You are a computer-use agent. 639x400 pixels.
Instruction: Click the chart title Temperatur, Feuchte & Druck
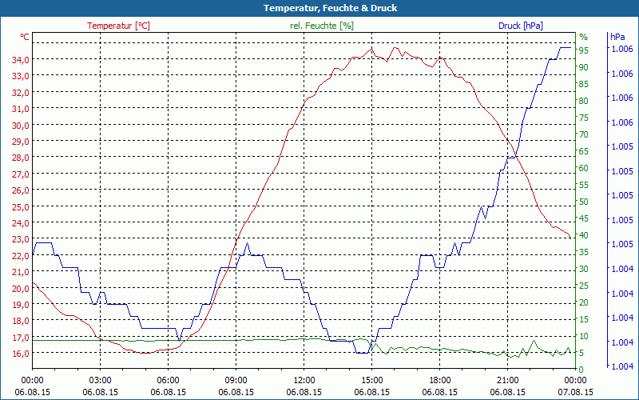(319, 8)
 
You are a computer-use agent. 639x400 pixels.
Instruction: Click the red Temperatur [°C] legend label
(118, 26)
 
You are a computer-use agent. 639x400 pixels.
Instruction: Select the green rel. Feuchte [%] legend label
(322, 26)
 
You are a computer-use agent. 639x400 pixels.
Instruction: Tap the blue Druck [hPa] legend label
(520, 26)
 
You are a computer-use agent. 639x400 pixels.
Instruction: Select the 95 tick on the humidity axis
(584, 50)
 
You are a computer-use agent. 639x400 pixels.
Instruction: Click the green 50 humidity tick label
(584, 202)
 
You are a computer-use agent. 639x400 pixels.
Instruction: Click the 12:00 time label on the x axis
(304, 380)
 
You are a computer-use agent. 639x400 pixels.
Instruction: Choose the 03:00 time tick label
(101, 380)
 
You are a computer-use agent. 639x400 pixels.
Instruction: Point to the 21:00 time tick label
(508, 380)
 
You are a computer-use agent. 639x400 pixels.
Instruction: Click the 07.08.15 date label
(576, 392)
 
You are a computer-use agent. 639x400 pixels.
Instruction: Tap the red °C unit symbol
(25, 37)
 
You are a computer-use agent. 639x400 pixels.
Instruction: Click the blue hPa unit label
(617, 37)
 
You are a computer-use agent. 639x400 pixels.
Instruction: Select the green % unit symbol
(583, 37)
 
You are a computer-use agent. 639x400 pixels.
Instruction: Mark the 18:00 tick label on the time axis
(440, 380)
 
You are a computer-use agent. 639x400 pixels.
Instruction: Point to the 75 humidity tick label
(584, 118)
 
